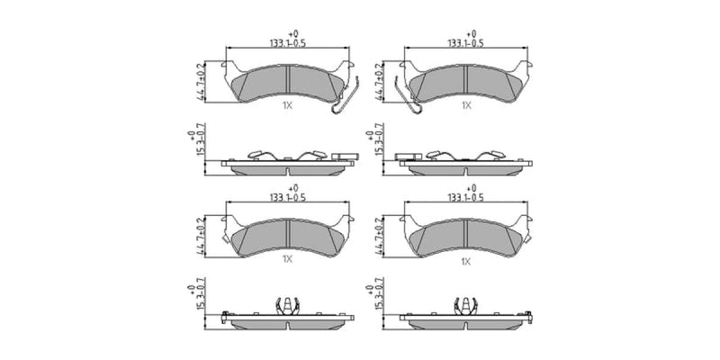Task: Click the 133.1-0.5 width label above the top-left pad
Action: click(287, 43)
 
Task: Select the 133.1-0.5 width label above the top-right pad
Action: click(466, 43)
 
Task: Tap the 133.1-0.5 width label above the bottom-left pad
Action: click(287, 197)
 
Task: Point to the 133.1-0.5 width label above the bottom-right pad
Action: click(466, 197)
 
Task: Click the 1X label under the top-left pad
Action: click(287, 105)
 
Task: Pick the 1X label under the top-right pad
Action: click(466, 105)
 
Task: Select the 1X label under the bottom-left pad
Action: click(287, 259)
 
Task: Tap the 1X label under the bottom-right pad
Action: click(466, 262)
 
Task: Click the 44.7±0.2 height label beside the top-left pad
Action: click(200, 82)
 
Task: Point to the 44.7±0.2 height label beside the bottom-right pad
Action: click(378, 237)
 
